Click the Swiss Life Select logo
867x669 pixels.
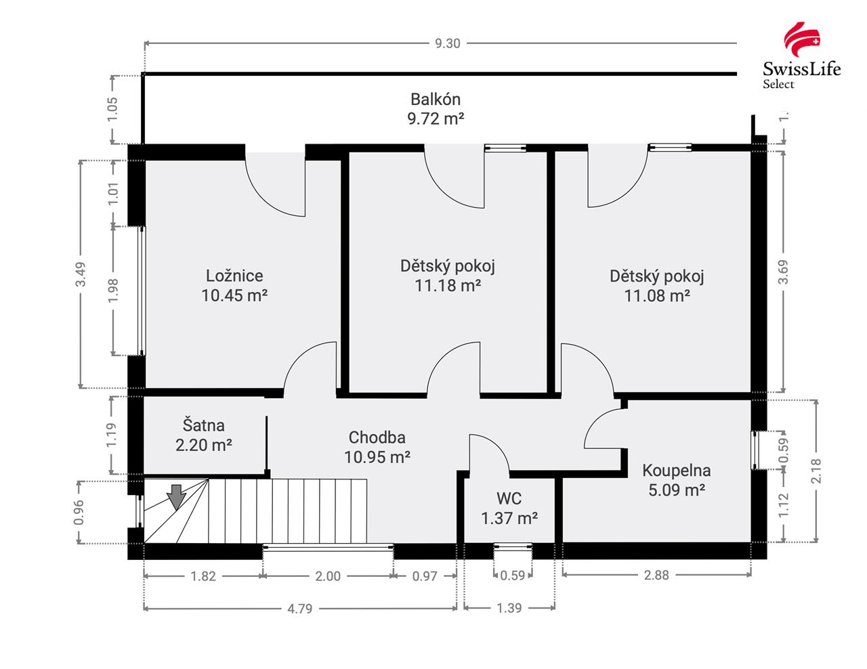[x=801, y=55]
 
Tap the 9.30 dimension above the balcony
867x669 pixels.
[x=447, y=43]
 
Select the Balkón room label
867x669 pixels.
[x=436, y=100]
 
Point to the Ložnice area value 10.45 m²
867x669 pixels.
[x=234, y=295]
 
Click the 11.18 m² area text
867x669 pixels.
[x=448, y=286]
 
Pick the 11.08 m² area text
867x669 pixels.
[x=657, y=296]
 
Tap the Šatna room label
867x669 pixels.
[x=203, y=425]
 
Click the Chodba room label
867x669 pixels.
[x=377, y=437]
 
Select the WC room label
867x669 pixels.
[x=509, y=498]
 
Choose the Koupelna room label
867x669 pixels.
[x=676, y=471]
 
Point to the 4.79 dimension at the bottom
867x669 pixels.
[x=299, y=609]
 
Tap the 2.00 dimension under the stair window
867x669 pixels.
[x=328, y=576]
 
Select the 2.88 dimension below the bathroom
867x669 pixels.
[x=656, y=576]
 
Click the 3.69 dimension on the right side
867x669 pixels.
[x=784, y=272]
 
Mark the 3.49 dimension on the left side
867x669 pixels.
[x=81, y=274]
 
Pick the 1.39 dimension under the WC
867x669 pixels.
[x=509, y=608]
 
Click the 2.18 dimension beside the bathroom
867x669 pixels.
[x=816, y=471]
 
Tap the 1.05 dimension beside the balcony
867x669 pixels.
[x=113, y=110]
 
